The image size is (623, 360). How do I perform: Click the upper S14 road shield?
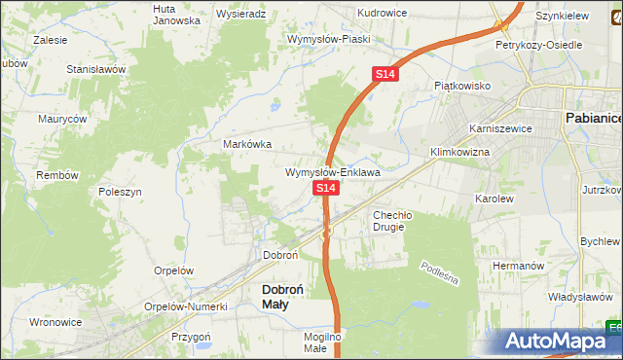pos(385,74)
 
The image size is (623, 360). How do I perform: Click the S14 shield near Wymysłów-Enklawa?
pos(325,187)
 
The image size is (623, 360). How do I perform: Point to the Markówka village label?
pos(248,144)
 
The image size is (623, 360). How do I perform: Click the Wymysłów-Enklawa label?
pos(332,172)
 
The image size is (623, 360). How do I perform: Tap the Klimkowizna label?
pos(459,153)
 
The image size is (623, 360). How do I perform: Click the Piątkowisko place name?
pos(462,86)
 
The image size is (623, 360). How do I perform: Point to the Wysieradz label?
pos(240,15)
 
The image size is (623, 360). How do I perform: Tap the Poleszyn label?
pos(122,192)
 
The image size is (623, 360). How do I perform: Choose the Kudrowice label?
pos(382,13)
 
